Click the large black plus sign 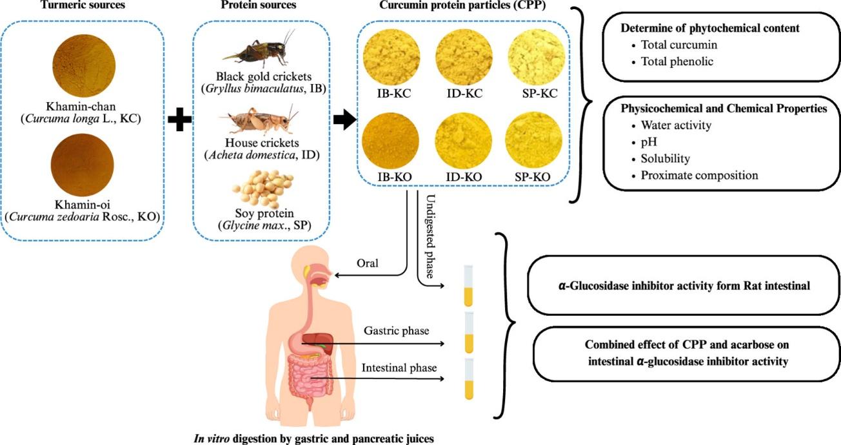pyautogui.click(x=179, y=121)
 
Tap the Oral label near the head pyautogui.click(x=367, y=263)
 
